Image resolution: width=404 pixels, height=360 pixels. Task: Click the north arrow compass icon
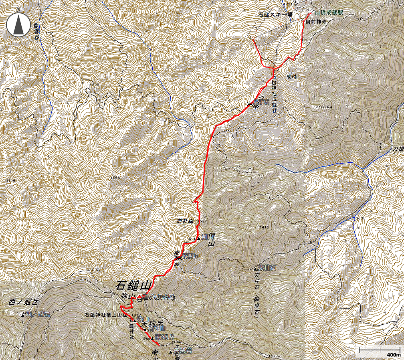18,24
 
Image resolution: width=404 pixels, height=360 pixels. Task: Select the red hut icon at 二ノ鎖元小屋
139,298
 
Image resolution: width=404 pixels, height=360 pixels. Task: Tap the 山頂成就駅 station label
328,13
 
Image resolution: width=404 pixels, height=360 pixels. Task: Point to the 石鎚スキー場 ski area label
275,15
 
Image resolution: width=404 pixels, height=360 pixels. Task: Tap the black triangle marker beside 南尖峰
152,338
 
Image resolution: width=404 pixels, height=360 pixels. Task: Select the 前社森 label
185,220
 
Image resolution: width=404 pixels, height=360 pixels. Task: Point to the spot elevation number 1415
264,227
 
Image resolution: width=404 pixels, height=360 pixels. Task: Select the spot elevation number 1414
247,38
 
